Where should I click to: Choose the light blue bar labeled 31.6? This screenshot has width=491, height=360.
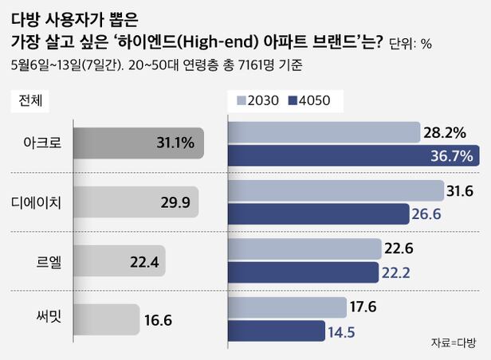click(336, 191)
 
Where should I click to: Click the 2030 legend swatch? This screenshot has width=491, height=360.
click(241, 101)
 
